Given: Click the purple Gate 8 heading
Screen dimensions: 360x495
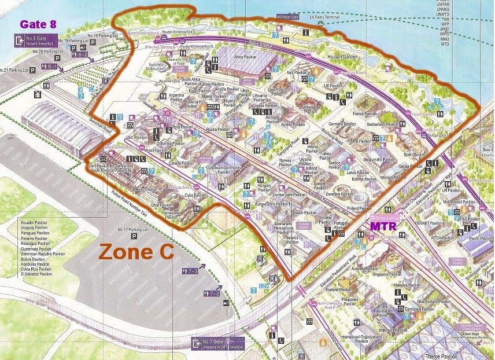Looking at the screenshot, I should pyautogui.click(x=38, y=24).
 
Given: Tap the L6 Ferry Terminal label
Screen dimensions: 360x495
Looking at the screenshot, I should pyautogui.click(x=327, y=17).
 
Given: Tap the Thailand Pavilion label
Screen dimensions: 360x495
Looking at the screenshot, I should pyautogui.click(x=339, y=289).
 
